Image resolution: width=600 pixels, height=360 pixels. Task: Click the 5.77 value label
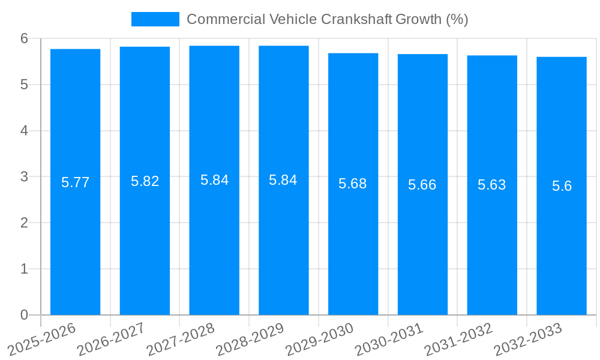tap(75, 182)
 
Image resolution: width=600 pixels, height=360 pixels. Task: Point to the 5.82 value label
tap(145, 181)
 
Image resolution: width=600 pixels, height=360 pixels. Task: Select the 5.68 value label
tap(353, 184)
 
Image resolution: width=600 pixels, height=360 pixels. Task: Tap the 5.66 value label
tap(422, 185)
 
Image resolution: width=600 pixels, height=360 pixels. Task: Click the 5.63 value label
tap(492, 185)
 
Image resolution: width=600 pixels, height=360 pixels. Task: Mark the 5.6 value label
tap(562, 186)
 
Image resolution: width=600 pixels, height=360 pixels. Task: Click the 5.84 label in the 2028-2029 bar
tap(283, 180)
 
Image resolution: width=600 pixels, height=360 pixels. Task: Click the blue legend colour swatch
tap(155, 19)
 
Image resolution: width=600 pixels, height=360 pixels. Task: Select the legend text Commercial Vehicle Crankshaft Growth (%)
tap(327, 19)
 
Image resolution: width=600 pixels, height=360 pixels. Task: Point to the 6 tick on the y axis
tap(24, 38)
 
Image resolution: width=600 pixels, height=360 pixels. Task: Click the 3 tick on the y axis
tap(24, 176)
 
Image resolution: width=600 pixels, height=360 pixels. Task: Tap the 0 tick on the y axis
tap(24, 315)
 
